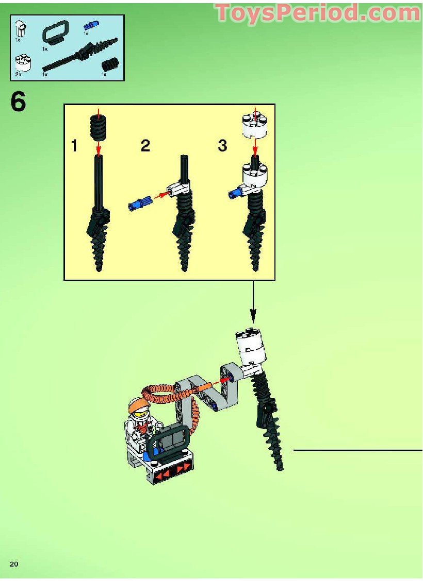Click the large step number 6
click(x=18, y=102)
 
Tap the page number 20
click(x=14, y=563)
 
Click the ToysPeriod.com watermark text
click(x=318, y=13)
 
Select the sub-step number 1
click(x=75, y=146)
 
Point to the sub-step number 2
click(x=145, y=146)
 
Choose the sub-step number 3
click(x=222, y=146)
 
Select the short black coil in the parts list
click(x=109, y=65)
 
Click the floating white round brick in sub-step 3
click(x=254, y=125)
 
